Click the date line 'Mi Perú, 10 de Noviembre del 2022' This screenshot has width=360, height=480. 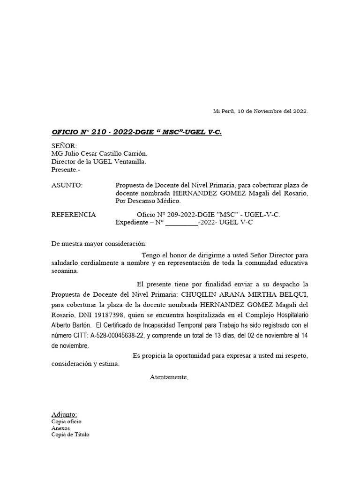click(x=260, y=111)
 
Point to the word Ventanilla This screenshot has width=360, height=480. click(x=128, y=162)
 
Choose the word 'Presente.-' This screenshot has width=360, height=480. click(x=66, y=170)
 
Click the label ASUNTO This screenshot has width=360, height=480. click(x=67, y=185)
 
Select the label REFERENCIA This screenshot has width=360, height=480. click(x=73, y=215)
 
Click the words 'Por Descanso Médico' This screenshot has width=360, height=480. click(x=148, y=201)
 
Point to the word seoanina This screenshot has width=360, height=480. click(x=65, y=271)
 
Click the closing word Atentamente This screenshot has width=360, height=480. click(x=169, y=377)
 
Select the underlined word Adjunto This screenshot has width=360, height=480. click(x=64, y=414)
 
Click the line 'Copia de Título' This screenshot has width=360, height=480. click(x=70, y=435)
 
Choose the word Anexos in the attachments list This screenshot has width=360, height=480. click(x=60, y=428)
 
